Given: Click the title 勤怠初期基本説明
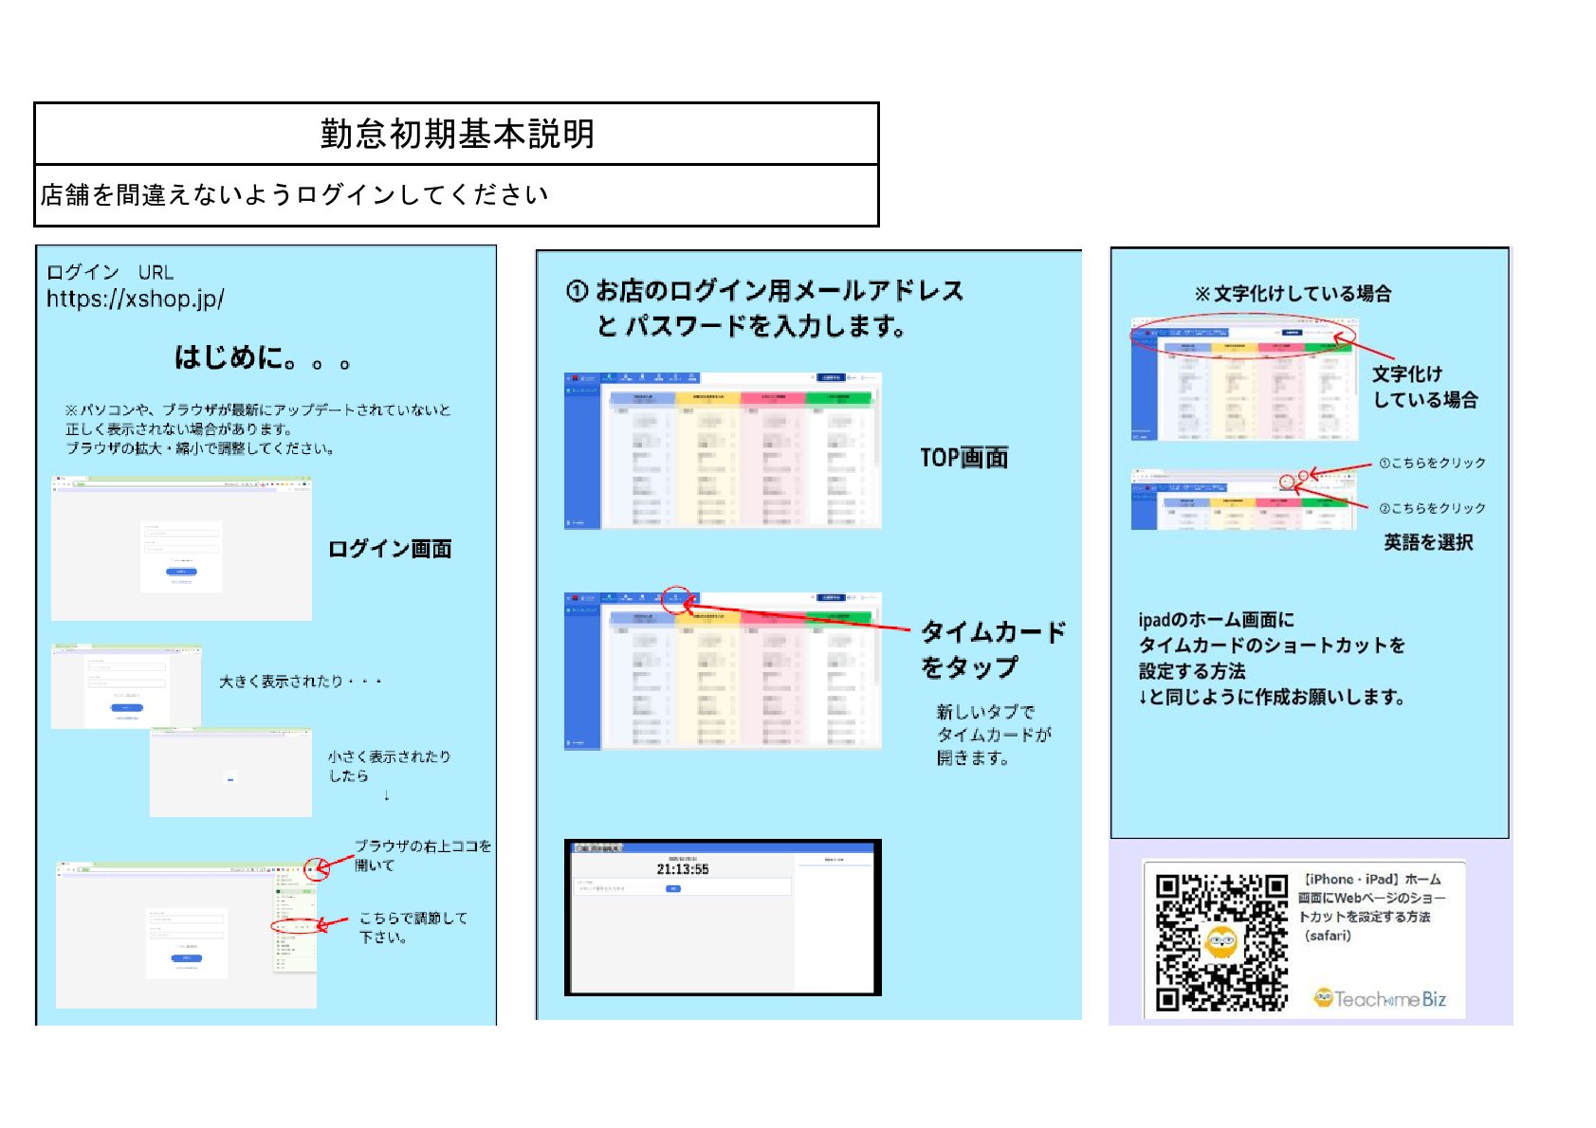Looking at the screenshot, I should pyautogui.click(x=457, y=134).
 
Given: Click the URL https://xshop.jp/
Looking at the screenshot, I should pyautogui.click(x=136, y=299).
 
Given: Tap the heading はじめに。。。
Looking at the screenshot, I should pyautogui.click(x=262, y=357).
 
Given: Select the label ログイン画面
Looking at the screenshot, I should pyautogui.click(x=390, y=549).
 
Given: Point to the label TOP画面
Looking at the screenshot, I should pyautogui.click(x=963, y=458).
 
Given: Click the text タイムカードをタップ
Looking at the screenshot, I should pyautogui.click(x=992, y=649).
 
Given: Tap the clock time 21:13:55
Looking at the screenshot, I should pyautogui.click(x=683, y=869).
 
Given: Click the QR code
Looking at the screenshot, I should pyautogui.click(x=1221, y=942).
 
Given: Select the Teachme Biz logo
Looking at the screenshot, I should pyautogui.click(x=1380, y=999).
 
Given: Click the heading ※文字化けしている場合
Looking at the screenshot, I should pyautogui.click(x=1293, y=294).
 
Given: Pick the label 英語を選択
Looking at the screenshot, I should pyautogui.click(x=1428, y=542).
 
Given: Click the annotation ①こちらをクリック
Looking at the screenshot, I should pyautogui.click(x=1432, y=464).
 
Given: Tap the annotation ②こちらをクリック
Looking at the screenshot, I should pyautogui.click(x=1432, y=509).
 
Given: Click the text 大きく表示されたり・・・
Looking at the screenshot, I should pyautogui.click(x=301, y=682).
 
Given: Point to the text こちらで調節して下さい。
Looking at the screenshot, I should pyautogui.click(x=413, y=928).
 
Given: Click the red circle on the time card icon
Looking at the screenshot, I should pyautogui.click(x=676, y=599).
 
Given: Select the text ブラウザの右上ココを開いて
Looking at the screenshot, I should pyautogui.click(x=422, y=855).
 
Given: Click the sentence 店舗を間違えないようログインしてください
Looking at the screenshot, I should pyautogui.click(x=295, y=195).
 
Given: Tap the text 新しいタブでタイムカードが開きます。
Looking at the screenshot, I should pyautogui.click(x=994, y=735).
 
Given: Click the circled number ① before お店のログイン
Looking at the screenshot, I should pyautogui.click(x=577, y=291).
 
